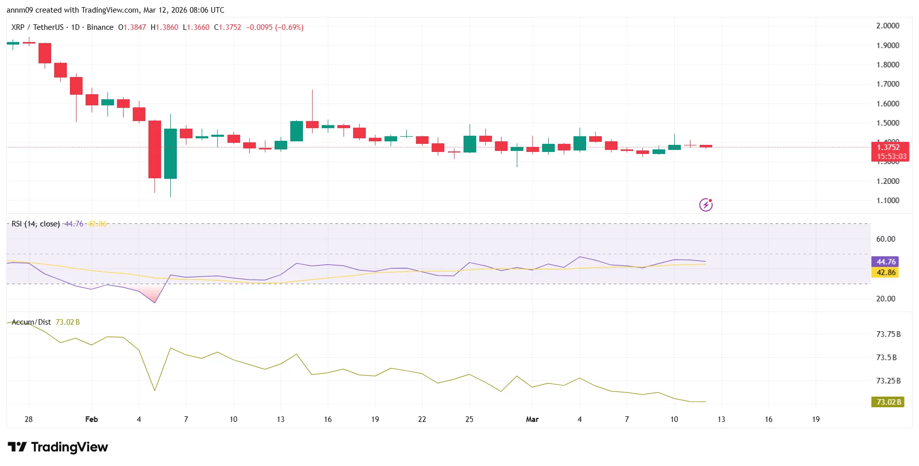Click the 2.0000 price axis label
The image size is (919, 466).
tap(888, 26)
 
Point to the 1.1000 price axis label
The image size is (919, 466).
tap(888, 201)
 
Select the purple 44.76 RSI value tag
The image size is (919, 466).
tap(886, 262)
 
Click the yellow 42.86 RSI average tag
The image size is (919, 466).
tap(886, 273)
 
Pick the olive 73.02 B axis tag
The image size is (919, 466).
tap(889, 402)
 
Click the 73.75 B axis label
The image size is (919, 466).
tap(888, 334)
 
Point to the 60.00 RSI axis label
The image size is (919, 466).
tap(886, 239)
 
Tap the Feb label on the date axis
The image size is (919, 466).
tap(92, 419)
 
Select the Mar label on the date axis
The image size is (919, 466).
tap(532, 419)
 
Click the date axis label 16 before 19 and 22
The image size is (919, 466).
tap(328, 419)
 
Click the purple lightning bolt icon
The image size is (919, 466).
tap(706, 205)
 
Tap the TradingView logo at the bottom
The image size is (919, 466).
tap(58, 447)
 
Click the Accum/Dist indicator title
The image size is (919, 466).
tap(31, 322)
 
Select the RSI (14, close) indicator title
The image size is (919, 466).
tap(35, 224)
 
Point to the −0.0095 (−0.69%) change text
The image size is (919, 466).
tap(275, 27)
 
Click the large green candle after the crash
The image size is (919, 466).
tap(170, 153)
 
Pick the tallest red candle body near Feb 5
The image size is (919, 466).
tap(155, 149)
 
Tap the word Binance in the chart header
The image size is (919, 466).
tap(100, 27)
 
